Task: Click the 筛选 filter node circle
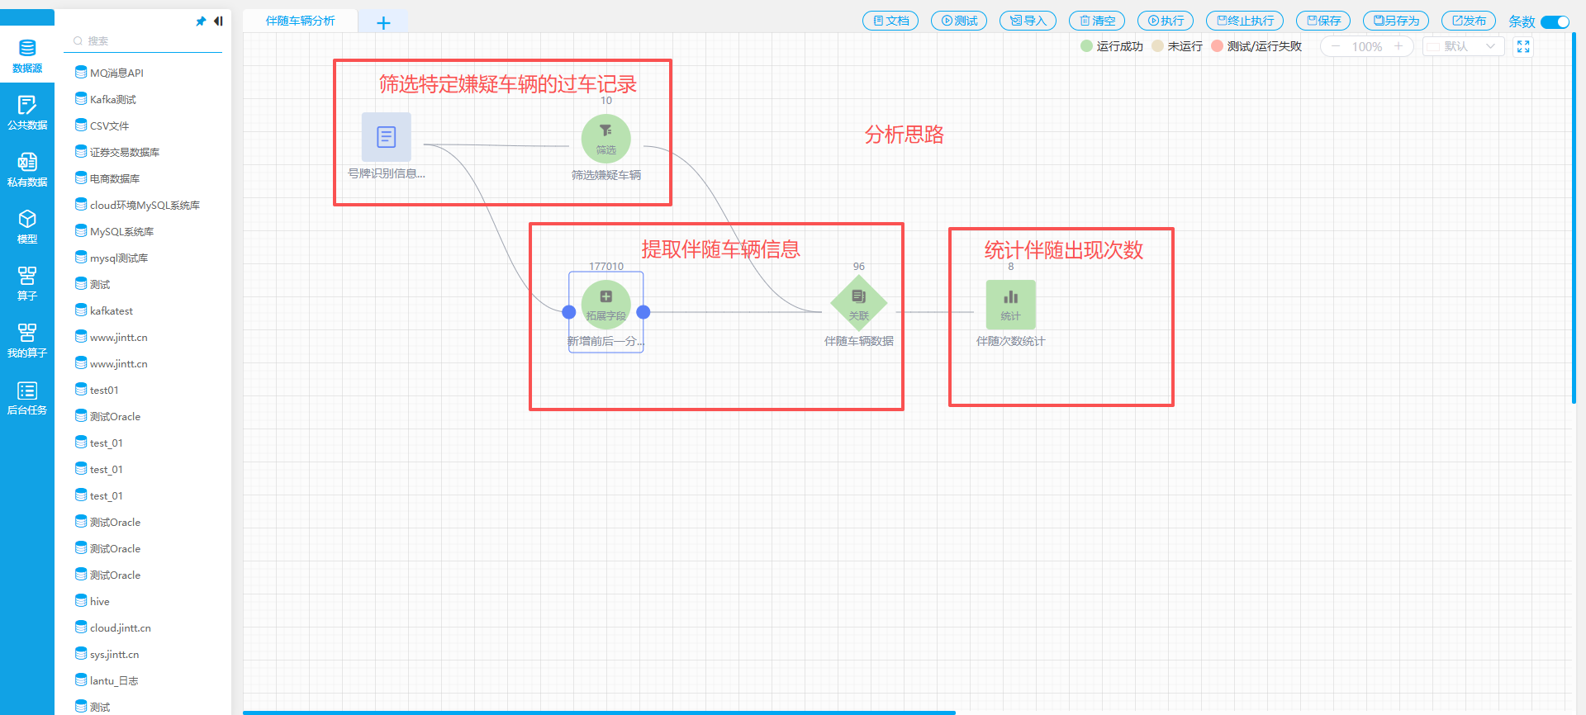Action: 605,139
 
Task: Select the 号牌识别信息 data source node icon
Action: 386,137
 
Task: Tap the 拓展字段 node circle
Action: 605,304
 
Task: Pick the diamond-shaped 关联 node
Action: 858,303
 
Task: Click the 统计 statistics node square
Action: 1010,304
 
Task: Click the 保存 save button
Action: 1322,21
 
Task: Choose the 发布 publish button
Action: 1468,21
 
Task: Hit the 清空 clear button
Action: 1096,21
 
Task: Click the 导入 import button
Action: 1028,21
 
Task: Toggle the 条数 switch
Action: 1555,22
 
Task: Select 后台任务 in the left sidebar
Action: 27,397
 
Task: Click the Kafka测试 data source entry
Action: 112,100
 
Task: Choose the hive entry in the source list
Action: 99,602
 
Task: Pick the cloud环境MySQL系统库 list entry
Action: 144,206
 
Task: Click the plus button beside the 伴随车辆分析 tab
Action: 383,23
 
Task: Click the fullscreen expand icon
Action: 1523,47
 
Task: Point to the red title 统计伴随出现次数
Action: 1063,250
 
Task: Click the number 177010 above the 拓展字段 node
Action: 605,267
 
